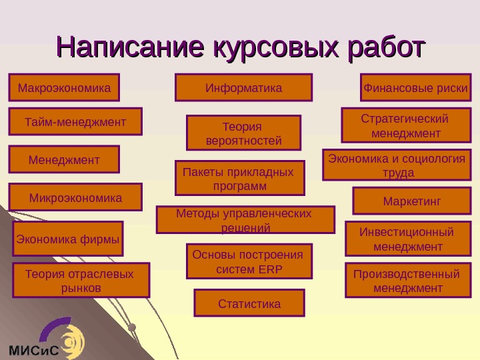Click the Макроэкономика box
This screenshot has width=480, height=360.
(x=64, y=87)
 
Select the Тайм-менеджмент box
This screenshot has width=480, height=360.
(x=75, y=121)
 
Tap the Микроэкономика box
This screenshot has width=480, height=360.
(x=75, y=197)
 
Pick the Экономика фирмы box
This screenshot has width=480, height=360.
(x=68, y=239)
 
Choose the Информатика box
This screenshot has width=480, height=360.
(x=243, y=87)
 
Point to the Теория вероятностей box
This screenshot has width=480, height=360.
(x=243, y=133)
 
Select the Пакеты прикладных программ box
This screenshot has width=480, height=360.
(x=239, y=178)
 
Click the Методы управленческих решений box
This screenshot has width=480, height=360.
(x=245, y=220)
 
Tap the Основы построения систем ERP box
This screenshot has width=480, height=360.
(x=249, y=261)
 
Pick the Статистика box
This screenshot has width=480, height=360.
(x=249, y=303)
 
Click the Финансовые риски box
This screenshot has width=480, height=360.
(x=415, y=87)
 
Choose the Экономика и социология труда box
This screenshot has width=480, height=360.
(x=397, y=165)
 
